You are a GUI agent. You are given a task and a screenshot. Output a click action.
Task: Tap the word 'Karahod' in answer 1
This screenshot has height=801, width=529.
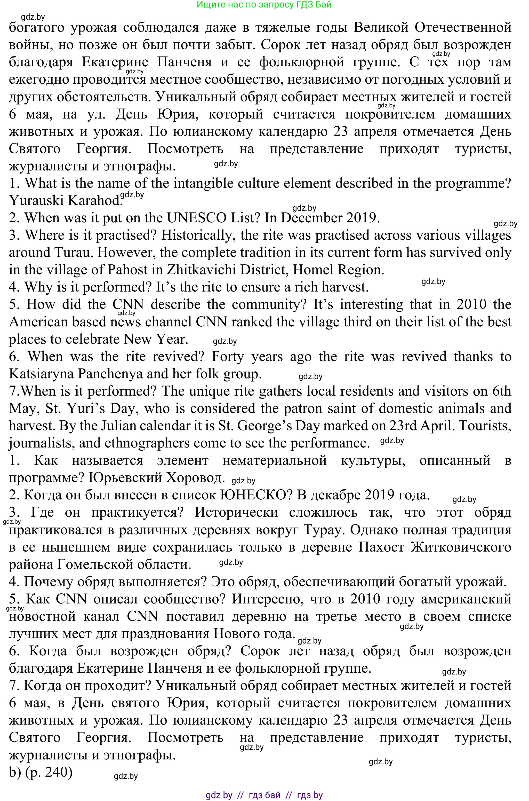94,201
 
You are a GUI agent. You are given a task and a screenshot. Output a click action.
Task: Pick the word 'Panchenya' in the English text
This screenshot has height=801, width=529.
121,374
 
